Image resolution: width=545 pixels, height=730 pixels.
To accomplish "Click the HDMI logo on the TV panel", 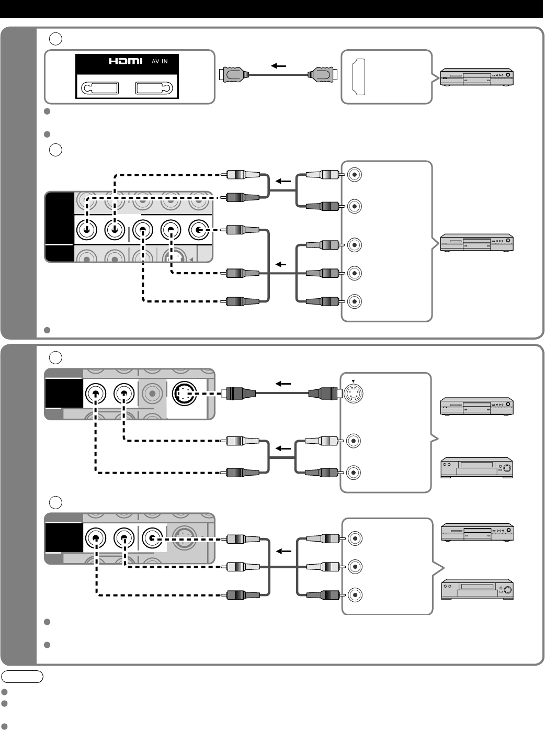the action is [x=126, y=61].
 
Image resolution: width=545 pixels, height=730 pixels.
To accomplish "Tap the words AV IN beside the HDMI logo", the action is [x=160, y=62].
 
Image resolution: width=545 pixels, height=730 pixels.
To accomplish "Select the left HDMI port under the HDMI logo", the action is [x=100, y=88].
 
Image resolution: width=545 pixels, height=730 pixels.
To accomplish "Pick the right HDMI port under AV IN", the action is [x=154, y=88].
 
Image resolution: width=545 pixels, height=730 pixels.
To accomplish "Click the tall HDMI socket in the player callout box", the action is [x=359, y=77].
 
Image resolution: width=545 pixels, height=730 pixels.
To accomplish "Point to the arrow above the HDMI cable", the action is [x=278, y=66].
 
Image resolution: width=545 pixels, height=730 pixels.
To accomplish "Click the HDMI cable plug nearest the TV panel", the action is [x=234, y=75].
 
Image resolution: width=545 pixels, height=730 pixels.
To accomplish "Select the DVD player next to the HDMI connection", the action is [x=477, y=77].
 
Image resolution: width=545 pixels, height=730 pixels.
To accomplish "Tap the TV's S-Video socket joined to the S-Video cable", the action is [x=185, y=394].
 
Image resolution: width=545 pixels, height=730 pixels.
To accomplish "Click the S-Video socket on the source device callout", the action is [x=353, y=394].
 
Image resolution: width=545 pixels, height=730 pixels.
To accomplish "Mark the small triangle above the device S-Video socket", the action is [x=353, y=381].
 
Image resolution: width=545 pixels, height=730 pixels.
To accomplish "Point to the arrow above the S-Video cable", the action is [x=283, y=384].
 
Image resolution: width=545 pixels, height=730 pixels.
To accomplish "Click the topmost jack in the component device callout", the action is [x=355, y=175].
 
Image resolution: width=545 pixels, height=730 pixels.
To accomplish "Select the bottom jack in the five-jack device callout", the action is [x=355, y=301].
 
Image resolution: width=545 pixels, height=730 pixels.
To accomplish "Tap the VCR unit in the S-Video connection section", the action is [x=477, y=468].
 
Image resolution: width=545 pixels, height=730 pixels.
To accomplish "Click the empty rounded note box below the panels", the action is [x=22, y=677].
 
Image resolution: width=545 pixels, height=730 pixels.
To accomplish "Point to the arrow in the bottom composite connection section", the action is [x=283, y=552].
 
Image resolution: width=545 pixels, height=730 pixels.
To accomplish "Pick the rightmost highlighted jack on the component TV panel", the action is [x=199, y=230].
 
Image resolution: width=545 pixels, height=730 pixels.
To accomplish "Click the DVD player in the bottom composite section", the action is [x=477, y=532].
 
